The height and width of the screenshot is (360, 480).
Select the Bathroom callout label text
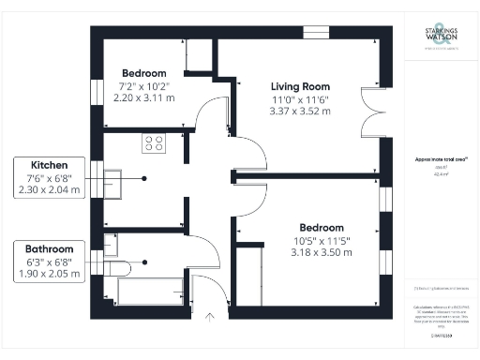(x=50, y=248)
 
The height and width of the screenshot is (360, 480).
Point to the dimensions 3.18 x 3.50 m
(x=321, y=252)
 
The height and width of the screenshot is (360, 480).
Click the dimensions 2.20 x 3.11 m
(x=143, y=97)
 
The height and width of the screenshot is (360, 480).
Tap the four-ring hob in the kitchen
(x=153, y=143)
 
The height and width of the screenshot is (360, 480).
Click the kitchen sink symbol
(x=114, y=178)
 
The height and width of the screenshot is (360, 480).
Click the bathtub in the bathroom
(x=150, y=292)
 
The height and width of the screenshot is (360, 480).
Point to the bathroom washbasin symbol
(x=111, y=245)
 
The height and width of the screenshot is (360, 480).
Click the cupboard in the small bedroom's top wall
(x=199, y=52)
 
